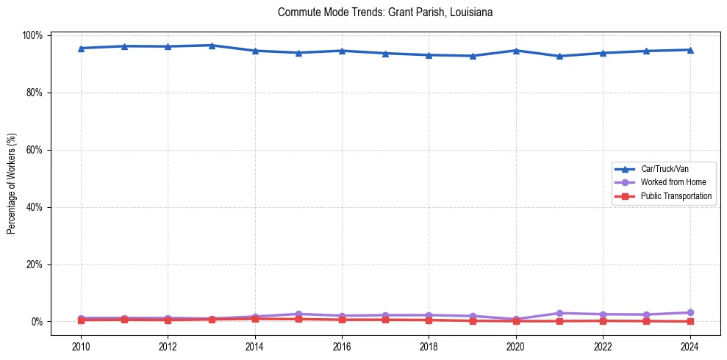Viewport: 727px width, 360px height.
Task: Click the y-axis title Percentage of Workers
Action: pos(12,179)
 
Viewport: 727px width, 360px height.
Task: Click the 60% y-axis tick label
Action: pos(34,150)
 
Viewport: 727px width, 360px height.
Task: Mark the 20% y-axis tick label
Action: pos(34,264)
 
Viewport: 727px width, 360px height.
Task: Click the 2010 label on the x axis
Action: pos(81,345)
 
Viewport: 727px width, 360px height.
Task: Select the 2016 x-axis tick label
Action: pos(342,345)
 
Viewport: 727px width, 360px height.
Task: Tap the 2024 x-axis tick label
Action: pos(690,345)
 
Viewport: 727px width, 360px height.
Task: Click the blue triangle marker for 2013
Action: pos(212,46)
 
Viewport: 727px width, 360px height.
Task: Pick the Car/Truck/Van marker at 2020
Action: pos(516,51)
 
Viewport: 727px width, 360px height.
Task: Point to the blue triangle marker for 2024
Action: pos(690,50)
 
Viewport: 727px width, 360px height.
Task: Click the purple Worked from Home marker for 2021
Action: pos(559,313)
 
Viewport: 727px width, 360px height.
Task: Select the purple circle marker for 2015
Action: pos(298,314)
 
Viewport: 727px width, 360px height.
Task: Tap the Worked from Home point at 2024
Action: pos(690,312)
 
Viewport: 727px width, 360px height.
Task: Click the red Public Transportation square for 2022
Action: pos(603,320)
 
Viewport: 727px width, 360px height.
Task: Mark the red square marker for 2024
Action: pos(690,321)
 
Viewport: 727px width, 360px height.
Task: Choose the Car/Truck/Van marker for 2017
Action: pos(385,53)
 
